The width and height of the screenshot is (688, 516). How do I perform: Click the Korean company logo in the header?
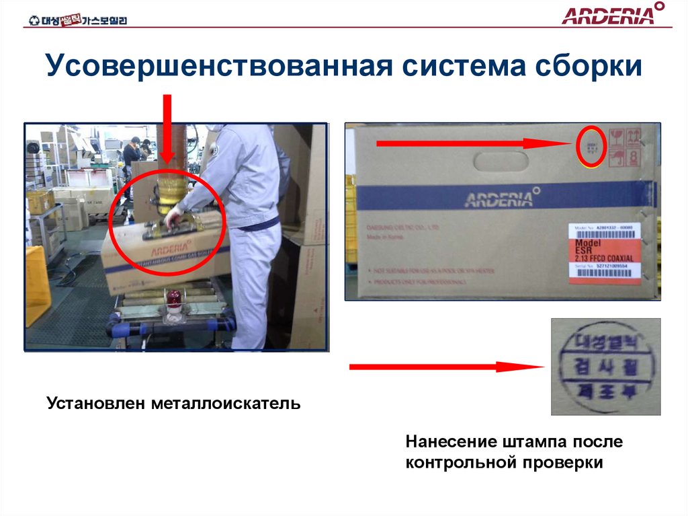click(78, 20)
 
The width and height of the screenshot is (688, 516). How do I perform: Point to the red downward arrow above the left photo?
click(167, 128)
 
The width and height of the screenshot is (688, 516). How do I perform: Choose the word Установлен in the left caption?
click(97, 404)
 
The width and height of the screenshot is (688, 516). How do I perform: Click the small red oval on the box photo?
click(591, 145)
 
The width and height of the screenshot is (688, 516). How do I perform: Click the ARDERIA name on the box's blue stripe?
click(498, 198)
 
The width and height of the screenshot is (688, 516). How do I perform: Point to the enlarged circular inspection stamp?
click(605, 366)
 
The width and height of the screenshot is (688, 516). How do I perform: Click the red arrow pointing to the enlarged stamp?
click(446, 367)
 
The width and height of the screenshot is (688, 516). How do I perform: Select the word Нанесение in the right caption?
click(450, 442)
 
